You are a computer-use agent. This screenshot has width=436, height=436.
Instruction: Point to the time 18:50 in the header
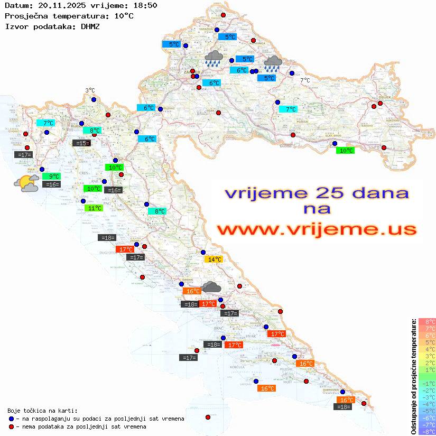(144, 5)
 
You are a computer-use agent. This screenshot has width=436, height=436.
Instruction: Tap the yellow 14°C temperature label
(214, 259)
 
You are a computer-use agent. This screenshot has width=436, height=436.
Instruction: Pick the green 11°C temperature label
(94, 208)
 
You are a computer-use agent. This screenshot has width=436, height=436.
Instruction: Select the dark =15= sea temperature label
(81, 143)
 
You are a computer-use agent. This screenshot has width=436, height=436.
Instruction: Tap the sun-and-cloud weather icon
(26, 183)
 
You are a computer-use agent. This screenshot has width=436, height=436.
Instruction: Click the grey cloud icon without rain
(211, 287)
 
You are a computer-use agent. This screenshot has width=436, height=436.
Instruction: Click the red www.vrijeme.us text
(316, 229)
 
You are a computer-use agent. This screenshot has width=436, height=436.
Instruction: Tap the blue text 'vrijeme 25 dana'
(316, 193)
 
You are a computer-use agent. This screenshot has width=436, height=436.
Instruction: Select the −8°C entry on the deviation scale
(426, 431)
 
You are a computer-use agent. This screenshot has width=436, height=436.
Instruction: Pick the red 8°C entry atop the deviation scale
(426, 321)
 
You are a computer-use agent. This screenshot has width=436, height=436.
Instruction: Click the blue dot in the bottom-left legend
(11, 419)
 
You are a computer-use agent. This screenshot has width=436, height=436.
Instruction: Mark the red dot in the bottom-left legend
(11, 426)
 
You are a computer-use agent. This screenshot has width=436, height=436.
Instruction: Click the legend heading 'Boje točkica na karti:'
(42, 411)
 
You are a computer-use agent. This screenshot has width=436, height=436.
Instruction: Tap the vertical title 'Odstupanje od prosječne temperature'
(414, 376)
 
